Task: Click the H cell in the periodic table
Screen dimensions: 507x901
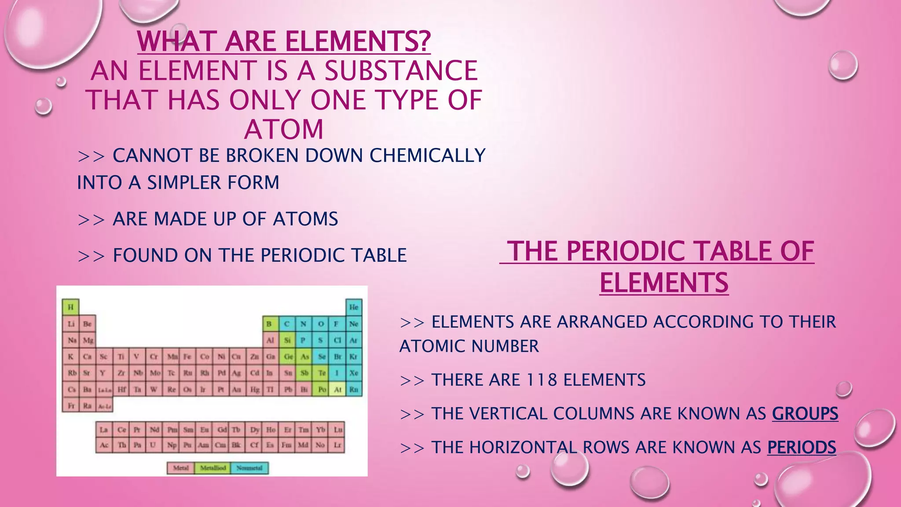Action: [70, 307]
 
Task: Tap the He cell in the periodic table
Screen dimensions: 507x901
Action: [354, 307]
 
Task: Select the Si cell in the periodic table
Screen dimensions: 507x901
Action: [287, 340]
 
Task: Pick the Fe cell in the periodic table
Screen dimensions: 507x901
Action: [187, 356]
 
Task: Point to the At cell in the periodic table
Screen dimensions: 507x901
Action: [337, 389]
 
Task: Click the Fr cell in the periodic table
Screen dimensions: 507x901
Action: [71, 405]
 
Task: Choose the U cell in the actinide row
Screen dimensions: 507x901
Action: [153, 445]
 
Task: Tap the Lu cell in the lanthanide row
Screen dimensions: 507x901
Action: [338, 429]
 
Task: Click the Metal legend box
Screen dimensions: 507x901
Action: [181, 468]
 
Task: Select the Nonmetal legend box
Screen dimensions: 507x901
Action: [249, 468]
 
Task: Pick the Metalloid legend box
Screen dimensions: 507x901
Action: [213, 468]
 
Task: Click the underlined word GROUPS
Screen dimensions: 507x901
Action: [805, 414]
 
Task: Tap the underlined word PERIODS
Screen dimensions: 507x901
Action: [802, 448]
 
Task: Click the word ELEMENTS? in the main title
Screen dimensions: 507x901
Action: [358, 41]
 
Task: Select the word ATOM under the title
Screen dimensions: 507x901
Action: [284, 129]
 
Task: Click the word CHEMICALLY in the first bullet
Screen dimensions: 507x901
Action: [427, 155]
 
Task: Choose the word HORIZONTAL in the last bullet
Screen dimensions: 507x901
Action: [523, 448]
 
